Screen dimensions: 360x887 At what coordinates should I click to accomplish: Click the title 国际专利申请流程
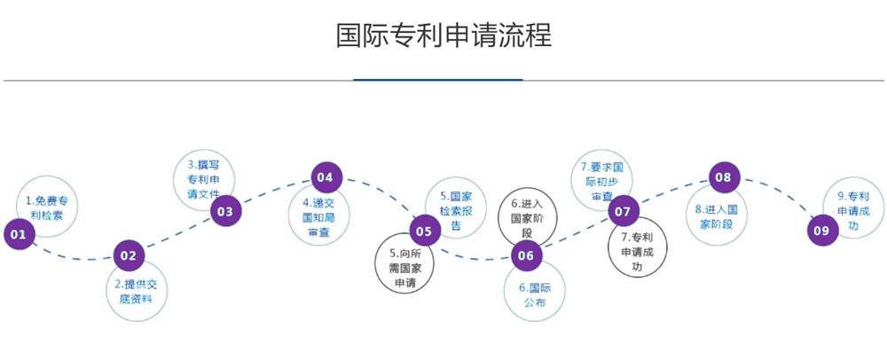click(x=443, y=35)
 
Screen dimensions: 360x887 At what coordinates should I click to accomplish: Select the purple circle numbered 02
click(x=129, y=255)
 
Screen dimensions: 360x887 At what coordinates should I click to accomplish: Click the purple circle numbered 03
click(x=225, y=211)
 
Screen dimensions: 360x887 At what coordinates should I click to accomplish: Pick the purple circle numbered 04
click(x=326, y=177)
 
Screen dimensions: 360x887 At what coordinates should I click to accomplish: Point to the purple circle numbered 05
click(x=425, y=232)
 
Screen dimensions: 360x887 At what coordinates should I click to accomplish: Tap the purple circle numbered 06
click(x=526, y=255)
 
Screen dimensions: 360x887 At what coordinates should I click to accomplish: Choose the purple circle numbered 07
click(x=624, y=211)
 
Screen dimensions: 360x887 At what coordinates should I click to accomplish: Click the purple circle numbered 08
click(x=724, y=177)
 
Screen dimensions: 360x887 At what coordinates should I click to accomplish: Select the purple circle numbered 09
click(x=822, y=231)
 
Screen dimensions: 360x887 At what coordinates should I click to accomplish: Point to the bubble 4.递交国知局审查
click(x=318, y=216)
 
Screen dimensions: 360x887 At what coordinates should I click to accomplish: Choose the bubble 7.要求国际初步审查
click(x=602, y=180)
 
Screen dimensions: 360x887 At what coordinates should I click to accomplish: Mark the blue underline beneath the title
click(x=438, y=80)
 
